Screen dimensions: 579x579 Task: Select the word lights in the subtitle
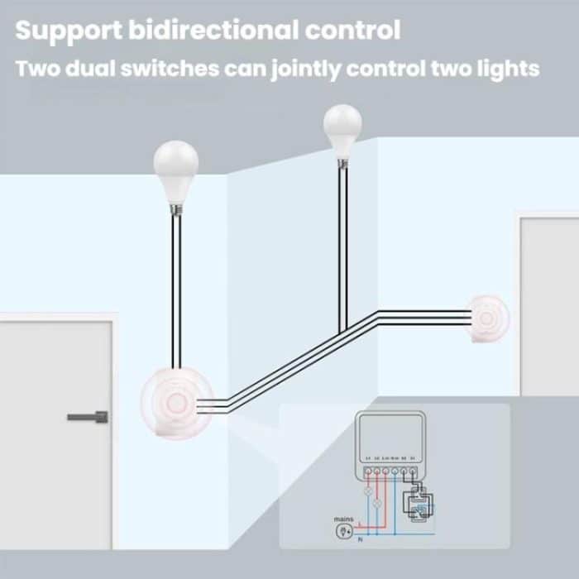508,68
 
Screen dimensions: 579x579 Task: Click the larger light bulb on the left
176,170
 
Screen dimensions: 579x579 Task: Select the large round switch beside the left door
176,403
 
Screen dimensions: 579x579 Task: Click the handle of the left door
88,415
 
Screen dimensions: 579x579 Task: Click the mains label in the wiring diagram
343,519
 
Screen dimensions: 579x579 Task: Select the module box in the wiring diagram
390,447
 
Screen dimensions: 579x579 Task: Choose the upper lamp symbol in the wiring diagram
368,490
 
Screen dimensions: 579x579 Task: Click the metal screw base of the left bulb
175,207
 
